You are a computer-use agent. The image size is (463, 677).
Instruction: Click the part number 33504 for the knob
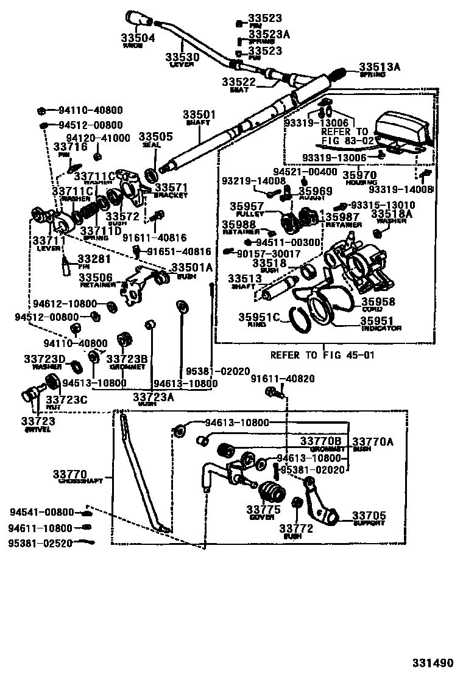coord(138,37)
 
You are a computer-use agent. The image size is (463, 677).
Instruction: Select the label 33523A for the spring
coord(269,35)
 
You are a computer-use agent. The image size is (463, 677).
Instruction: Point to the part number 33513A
coord(379,67)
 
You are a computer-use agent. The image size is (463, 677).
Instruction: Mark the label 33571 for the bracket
coord(171,188)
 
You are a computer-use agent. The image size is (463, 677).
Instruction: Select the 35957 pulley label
coord(247,206)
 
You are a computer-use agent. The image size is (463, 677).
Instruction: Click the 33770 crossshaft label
coord(69,474)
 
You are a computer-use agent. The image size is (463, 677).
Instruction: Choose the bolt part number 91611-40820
coord(283,379)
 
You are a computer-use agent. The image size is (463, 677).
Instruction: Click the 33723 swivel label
coord(38,421)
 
